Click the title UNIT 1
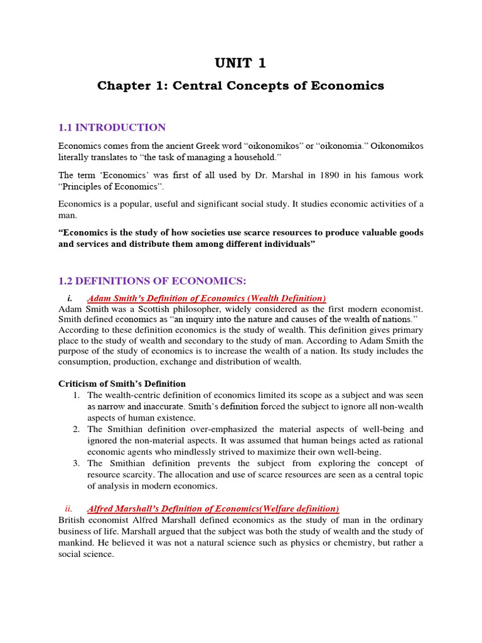pos(240,63)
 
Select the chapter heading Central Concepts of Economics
pos(240,86)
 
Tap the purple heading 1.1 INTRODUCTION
pos(112,127)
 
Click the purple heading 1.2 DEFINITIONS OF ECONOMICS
pos(148,281)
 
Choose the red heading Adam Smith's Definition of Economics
pos(206,298)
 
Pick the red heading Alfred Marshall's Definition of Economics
pos(213,509)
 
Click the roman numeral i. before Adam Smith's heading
pos(69,298)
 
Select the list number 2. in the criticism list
pos(75,430)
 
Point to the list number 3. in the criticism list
pos(75,463)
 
